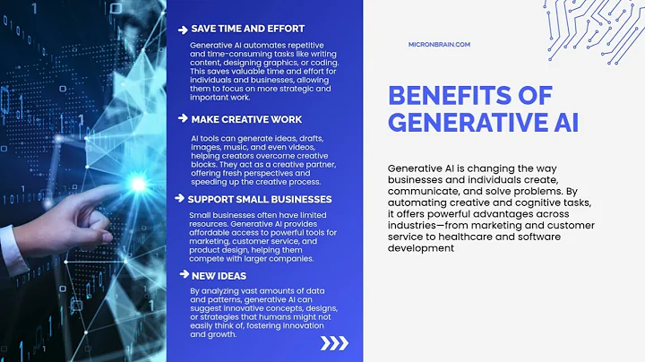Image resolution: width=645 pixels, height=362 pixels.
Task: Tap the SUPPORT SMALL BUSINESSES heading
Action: coord(260,199)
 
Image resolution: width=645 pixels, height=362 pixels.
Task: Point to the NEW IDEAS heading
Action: coord(220,277)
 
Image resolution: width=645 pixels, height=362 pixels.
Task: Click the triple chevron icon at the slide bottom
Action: coord(334,342)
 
